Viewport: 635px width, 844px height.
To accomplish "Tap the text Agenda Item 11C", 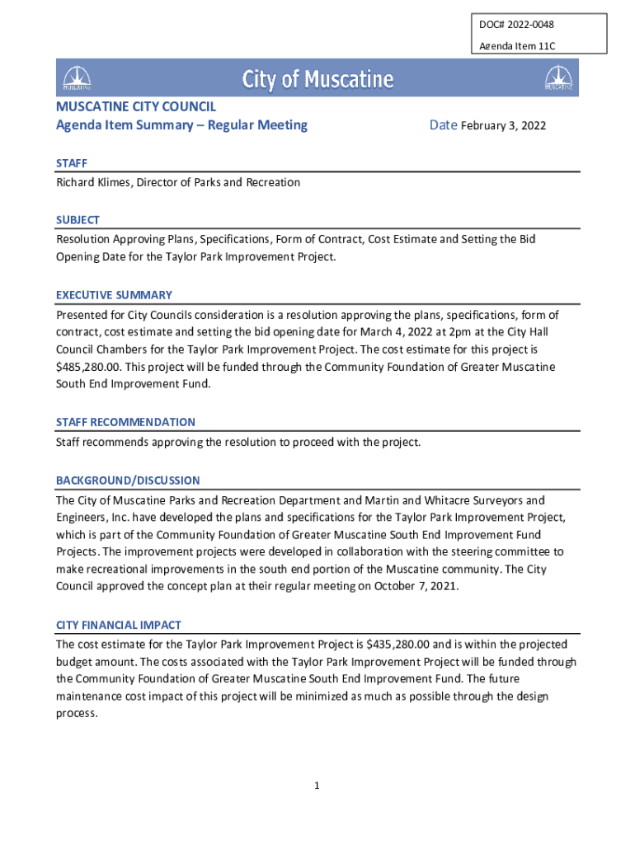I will tap(517, 46).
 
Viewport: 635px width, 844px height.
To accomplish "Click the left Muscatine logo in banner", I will tap(77, 78).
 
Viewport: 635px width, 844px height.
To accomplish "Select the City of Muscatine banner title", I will tap(317, 79).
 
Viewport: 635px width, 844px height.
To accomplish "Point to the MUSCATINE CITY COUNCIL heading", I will tap(136, 106).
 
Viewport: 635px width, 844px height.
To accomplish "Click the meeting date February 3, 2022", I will tap(503, 126).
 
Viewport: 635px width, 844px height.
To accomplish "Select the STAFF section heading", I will tap(72, 163).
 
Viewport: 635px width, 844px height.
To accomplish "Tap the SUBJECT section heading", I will tap(78, 220).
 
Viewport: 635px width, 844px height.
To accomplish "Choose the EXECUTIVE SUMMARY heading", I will tap(114, 295).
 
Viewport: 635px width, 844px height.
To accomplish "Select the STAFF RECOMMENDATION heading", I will tap(125, 422).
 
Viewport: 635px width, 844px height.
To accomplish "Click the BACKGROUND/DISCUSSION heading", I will tap(128, 481).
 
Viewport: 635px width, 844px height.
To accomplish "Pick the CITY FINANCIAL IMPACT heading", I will tap(119, 625).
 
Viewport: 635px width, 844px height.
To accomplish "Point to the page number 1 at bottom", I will tap(317, 786).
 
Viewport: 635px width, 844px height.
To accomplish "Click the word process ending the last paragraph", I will tap(77, 714).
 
